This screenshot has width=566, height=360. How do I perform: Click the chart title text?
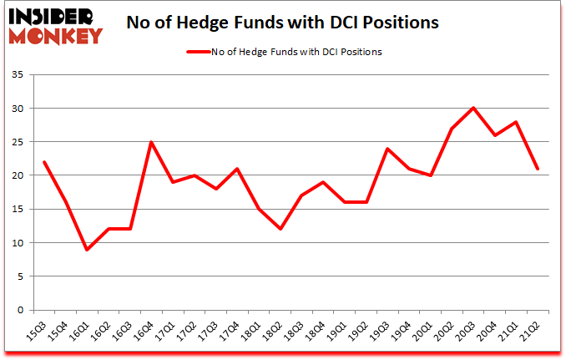click(282, 23)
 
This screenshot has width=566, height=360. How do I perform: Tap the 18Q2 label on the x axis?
click(275, 327)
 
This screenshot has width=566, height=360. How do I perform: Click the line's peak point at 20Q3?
click(473, 108)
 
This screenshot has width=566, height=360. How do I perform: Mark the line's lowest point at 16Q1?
click(87, 250)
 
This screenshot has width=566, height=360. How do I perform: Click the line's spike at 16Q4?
click(151, 142)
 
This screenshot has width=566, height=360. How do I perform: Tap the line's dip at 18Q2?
click(280, 229)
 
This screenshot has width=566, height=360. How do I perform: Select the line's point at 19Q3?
click(387, 149)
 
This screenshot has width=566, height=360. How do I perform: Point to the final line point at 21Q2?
click(538, 169)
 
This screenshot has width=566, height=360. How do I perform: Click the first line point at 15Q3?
click(43, 162)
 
